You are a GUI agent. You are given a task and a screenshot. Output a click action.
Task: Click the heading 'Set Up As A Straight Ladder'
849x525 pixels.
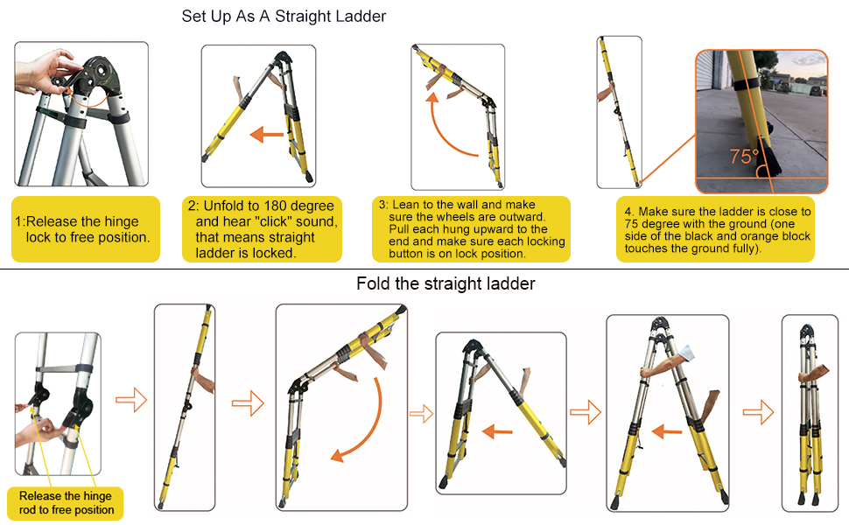coord(284,17)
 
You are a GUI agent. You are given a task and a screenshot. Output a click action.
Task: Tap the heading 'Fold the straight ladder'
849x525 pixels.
coord(446,283)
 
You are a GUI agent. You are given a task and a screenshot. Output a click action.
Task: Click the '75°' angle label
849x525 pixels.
coord(745,157)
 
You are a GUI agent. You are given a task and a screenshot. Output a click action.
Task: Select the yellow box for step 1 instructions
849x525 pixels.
coord(86,229)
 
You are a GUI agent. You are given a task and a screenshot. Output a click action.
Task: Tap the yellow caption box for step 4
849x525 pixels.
coord(715,229)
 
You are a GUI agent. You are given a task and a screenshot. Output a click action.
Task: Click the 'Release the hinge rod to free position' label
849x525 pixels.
coord(66,503)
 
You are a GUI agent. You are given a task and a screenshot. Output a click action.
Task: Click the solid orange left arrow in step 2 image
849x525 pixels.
coord(266,134)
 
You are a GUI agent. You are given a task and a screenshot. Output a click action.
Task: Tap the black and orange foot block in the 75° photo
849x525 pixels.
coord(768,157)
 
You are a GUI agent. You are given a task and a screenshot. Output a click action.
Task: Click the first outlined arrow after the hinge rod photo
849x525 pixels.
coord(131,400)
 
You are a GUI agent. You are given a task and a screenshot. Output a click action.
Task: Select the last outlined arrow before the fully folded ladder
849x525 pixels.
coord(759,412)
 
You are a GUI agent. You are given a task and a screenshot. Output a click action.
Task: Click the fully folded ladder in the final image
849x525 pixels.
coord(810,414)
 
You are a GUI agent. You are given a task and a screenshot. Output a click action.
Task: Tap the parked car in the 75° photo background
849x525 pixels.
coord(816,90)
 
